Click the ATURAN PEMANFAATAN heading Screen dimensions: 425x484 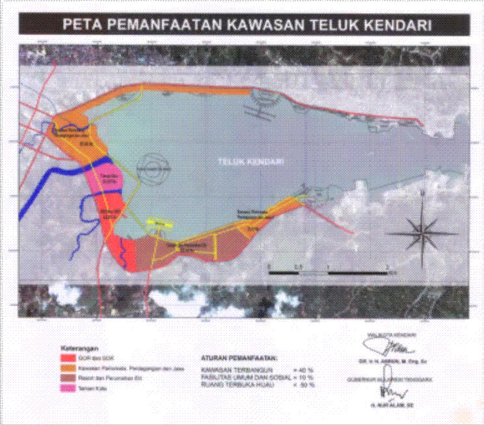[237, 358]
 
